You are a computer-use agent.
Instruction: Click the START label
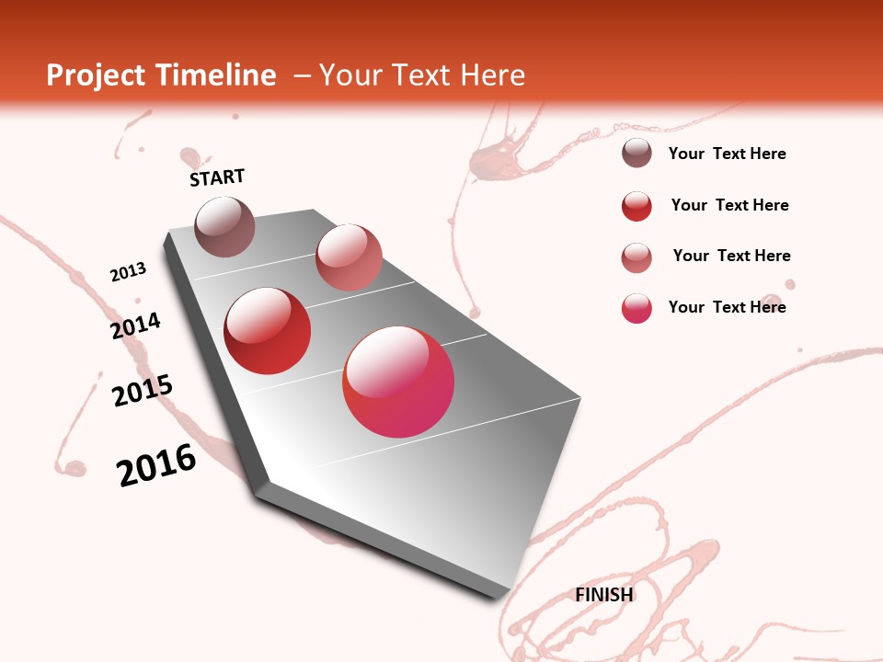(x=217, y=177)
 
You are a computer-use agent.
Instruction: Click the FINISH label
(x=604, y=595)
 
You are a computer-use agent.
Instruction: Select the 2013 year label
(x=128, y=271)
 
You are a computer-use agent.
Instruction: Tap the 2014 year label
(x=135, y=326)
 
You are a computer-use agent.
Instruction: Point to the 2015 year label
(x=143, y=391)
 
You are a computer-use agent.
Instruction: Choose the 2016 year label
(x=156, y=465)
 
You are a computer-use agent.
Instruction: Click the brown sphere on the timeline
(x=224, y=226)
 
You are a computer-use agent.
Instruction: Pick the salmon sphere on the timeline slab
(x=349, y=257)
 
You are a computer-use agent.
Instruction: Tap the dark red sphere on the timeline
(x=268, y=331)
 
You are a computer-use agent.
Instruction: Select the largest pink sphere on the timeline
(x=398, y=382)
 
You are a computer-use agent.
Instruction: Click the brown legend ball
(x=636, y=154)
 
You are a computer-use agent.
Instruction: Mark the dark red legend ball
(x=636, y=206)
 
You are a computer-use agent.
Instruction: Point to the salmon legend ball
(x=636, y=257)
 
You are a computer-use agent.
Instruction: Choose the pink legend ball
(x=636, y=308)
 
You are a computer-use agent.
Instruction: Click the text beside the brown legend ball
(x=727, y=154)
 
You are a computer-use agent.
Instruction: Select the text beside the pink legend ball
(x=727, y=307)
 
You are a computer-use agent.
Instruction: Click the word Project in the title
(x=94, y=75)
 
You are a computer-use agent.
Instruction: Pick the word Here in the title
(x=492, y=75)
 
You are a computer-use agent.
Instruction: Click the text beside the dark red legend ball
(x=729, y=205)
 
